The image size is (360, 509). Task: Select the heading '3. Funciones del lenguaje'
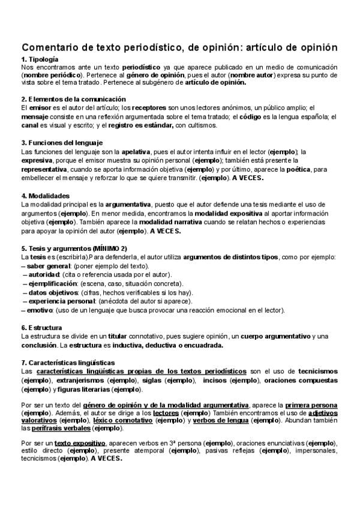(62, 143)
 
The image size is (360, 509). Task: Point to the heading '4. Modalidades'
(45, 196)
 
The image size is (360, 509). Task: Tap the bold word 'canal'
(31, 125)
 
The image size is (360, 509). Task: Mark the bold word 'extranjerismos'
(78, 381)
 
